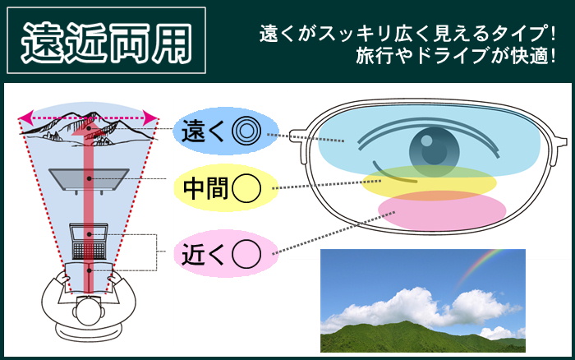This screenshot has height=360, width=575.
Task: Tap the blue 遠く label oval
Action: (225, 131)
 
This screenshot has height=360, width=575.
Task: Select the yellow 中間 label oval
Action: (225, 188)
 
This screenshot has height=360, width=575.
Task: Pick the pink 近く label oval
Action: (225, 253)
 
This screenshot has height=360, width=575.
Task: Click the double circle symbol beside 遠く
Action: (246, 131)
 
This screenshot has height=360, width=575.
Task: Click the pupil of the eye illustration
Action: (435, 151)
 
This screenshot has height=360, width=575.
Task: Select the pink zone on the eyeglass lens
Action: (442, 210)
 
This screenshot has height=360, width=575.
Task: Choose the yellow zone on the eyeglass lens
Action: (429, 182)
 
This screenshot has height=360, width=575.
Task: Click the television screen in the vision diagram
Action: (89, 178)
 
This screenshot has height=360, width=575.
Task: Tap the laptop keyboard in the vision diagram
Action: (89, 251)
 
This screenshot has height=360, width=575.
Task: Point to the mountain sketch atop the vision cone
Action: (88, 127)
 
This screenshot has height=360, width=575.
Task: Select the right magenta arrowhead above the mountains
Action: (151, 118)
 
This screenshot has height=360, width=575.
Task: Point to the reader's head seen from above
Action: (88, 312)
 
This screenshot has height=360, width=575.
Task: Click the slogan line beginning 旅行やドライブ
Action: (456, 57)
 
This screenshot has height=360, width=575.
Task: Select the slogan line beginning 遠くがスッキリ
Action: (407, 34)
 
